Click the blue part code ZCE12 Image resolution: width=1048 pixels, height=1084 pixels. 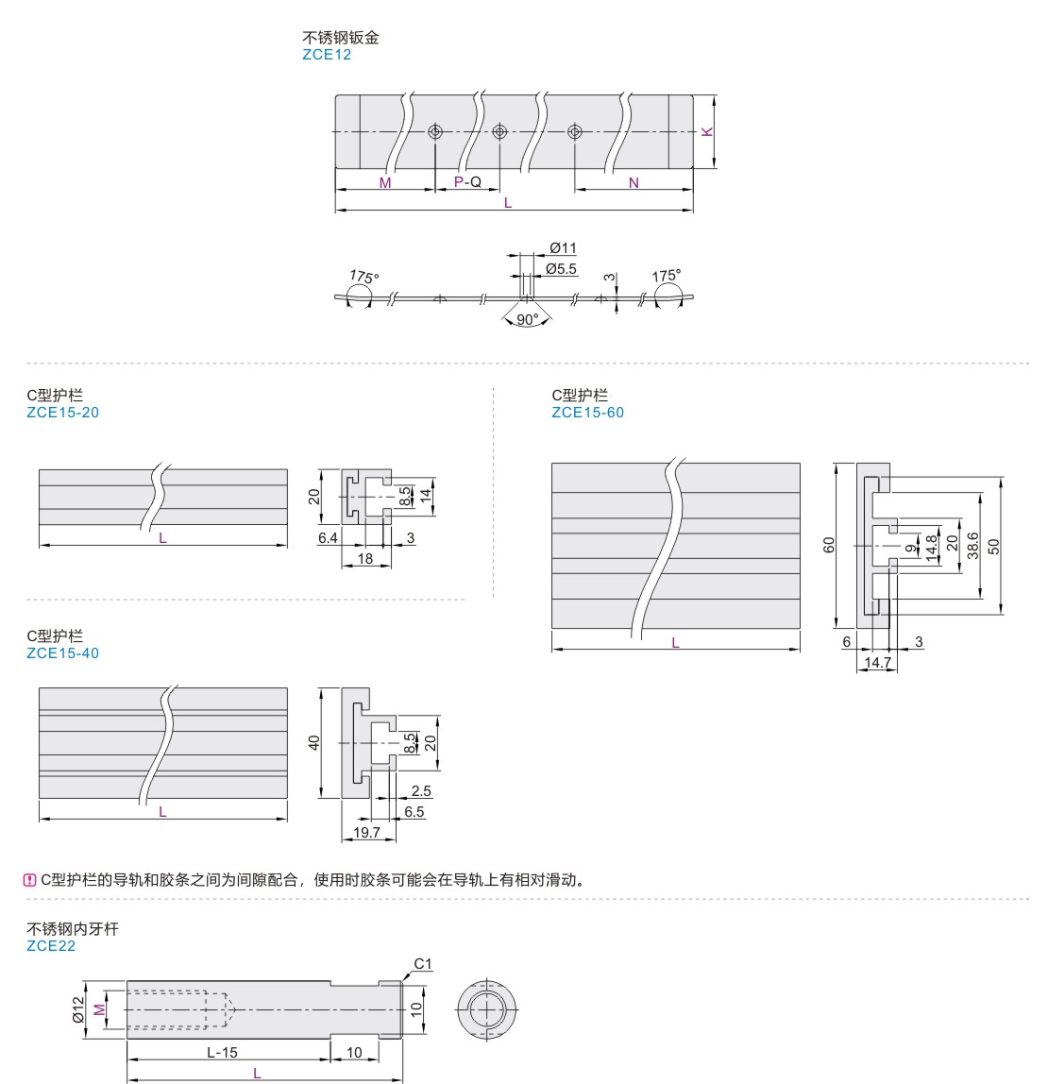click(326, 55)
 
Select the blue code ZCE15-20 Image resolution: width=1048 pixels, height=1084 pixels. click(62, 412)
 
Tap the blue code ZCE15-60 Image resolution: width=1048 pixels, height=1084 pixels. click(587, 412)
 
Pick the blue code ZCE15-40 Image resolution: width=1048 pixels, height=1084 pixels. click(62, 652)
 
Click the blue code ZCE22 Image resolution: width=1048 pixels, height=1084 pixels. click(51, 945)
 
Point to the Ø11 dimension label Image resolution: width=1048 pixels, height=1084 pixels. click(563, 248)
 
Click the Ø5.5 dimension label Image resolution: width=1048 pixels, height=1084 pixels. click(561, 269)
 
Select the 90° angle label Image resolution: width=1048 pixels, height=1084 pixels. click(528, 319)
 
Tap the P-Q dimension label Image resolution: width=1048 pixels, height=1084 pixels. click(467, 181)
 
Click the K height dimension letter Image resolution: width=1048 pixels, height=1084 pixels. click(707, 131)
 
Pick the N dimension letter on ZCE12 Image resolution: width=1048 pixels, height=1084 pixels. click(634, 182)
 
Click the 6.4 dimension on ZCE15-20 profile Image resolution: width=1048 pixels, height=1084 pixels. click(328, 537)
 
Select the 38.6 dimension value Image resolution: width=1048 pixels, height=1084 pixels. click(973, 546)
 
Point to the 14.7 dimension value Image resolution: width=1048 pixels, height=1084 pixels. click(877, 663)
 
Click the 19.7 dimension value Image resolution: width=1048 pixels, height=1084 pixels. click(366, 832)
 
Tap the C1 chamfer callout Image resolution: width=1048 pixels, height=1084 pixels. click(423, 964)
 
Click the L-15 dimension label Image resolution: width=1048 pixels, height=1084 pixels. click(223, 1053)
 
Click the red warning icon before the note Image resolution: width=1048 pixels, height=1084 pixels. click(30, 880)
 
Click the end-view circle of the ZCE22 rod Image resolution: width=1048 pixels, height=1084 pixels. click(487, 1009)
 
